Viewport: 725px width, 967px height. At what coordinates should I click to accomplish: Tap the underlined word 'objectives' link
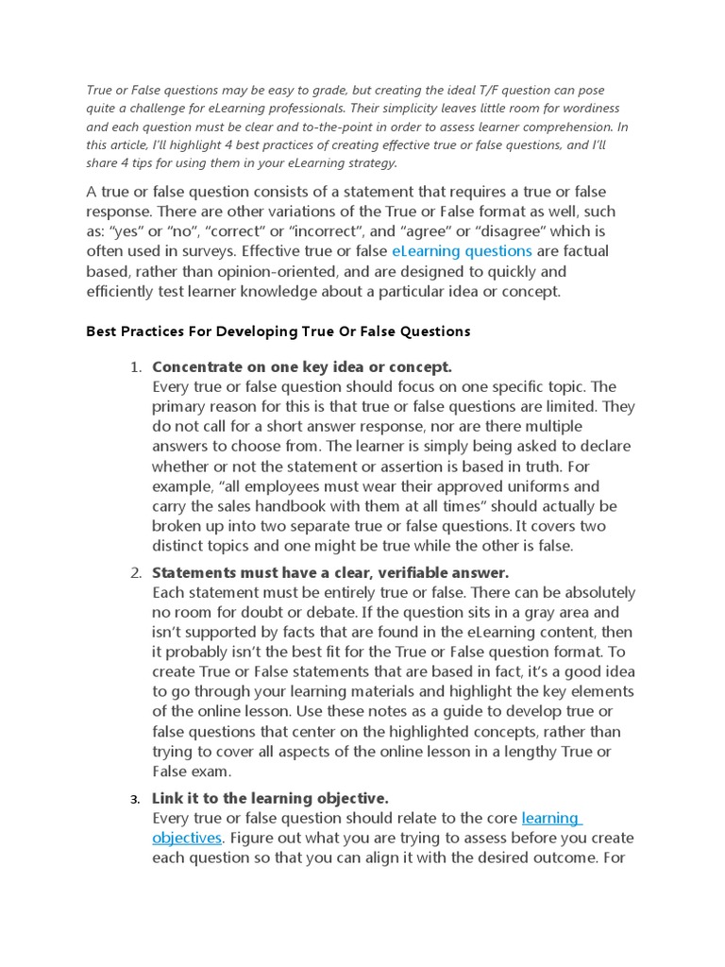(187, 838)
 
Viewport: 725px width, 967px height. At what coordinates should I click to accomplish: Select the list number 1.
(136, 366)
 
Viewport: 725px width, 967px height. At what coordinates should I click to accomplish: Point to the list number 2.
(136, 572)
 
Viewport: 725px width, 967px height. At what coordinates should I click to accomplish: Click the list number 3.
(136, 799)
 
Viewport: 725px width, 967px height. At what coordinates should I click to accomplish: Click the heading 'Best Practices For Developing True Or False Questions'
(278, 331)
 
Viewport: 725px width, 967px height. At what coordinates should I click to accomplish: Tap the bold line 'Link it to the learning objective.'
(270, 798)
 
